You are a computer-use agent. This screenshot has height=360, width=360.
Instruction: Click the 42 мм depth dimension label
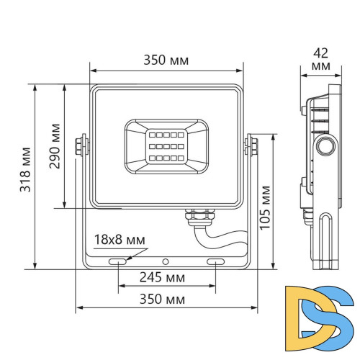coord(321,59)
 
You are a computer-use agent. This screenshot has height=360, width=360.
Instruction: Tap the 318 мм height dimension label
coord(25,170)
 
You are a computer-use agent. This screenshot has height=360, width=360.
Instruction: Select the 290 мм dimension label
coord(55,146)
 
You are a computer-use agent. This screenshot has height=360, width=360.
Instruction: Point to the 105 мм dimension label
coord(265,208)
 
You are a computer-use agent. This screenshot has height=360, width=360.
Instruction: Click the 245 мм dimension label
coord(163,277)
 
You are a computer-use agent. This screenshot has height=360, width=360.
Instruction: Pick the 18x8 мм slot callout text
coord(120,240)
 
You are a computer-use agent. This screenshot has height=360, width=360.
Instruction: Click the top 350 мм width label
coord(166,60)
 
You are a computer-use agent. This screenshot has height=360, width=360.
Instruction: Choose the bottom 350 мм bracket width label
coord(163,300)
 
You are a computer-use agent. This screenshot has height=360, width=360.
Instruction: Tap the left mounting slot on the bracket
coord(117,261)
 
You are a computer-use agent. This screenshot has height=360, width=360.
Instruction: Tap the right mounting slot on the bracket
coord(215,261)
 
